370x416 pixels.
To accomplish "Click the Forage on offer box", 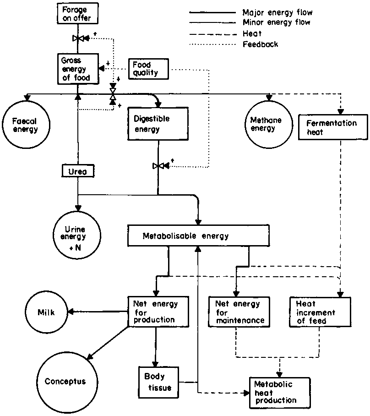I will click(x=77, y=14).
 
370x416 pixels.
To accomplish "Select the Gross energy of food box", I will click(x=77, y=69).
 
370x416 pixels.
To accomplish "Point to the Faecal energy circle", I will click(x=26, y=125).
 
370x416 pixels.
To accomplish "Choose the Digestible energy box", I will click(x=158, y=124).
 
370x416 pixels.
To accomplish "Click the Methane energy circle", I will click(x=265, y=124).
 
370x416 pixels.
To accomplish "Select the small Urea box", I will click(x=77, y=171).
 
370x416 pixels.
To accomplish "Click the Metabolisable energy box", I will click(x=197, y=236).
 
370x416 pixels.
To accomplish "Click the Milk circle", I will click(x=47, y=312).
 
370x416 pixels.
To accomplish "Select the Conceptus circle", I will click(x=65, y=381).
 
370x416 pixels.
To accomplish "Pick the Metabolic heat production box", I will click(x=279, y=392).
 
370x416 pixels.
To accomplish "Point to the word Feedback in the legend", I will click(x=260, y=44).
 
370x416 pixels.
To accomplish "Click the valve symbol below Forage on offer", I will click(x=78, y=39).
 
